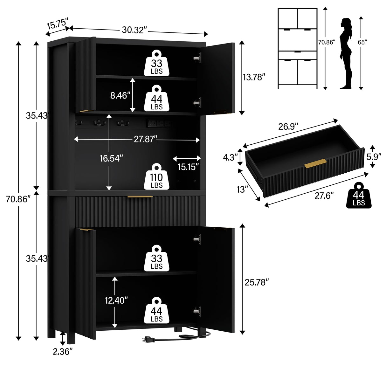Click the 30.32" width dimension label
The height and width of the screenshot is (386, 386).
134,30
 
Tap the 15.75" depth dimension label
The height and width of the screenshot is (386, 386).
57,24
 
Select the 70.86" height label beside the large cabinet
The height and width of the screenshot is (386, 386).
18,199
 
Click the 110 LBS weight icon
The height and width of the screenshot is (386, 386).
156,177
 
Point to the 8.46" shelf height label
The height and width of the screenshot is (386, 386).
120,95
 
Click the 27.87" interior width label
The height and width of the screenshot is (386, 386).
145,139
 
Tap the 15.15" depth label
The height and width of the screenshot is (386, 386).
188,167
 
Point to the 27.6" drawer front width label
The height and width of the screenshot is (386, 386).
324,196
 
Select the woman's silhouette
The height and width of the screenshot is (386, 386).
346,53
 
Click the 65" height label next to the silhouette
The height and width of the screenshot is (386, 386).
362,42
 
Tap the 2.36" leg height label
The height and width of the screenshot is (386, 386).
63,351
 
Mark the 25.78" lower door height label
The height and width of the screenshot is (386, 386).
257,282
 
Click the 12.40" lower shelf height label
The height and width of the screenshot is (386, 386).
116,300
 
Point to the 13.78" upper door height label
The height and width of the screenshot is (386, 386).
254,77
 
